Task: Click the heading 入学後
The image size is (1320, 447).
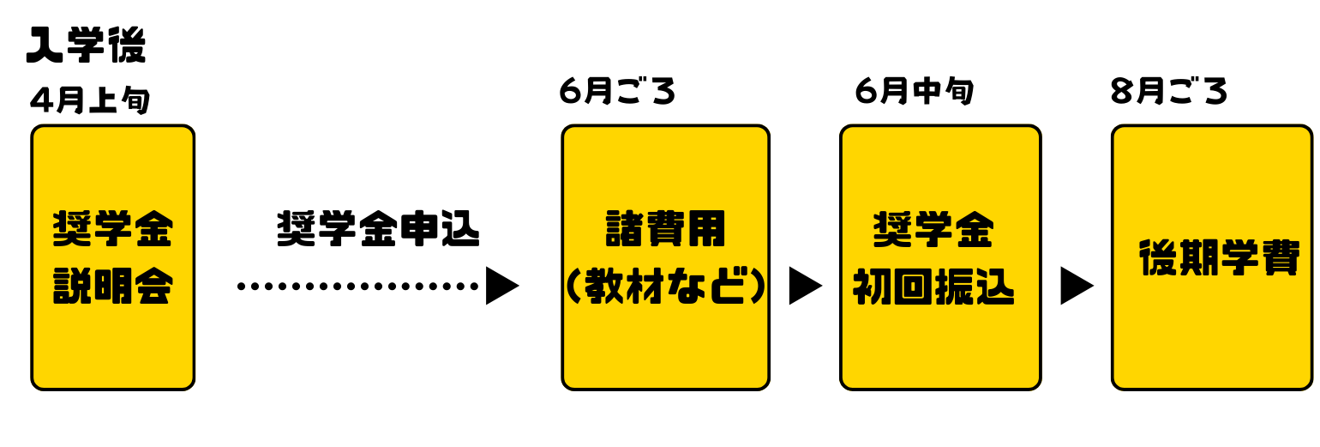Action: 86,45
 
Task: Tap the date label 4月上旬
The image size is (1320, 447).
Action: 90,100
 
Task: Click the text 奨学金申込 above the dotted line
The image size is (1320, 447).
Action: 378,230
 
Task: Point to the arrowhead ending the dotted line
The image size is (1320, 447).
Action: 501,286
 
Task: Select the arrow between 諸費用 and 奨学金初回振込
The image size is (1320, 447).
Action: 805,286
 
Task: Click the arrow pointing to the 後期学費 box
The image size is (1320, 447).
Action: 1077,286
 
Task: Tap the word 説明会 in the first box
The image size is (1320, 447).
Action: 113,287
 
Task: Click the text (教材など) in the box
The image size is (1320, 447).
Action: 665,289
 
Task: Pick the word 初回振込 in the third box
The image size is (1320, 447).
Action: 934,289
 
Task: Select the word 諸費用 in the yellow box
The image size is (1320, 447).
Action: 665,229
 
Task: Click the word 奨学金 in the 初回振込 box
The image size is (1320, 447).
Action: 934,229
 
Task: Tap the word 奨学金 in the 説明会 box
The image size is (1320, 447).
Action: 113,228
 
